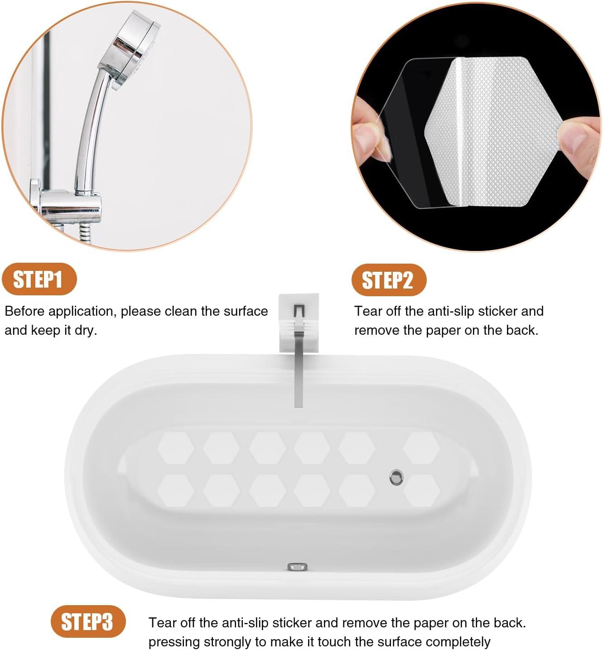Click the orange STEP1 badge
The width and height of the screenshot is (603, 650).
39,279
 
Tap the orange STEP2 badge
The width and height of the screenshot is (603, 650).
389,280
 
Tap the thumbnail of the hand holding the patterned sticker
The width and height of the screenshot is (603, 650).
476,127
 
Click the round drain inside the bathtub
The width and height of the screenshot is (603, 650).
396,477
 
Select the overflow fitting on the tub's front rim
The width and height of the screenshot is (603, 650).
297,566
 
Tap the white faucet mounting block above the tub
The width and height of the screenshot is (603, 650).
299,323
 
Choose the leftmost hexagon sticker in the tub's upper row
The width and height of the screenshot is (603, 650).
176,448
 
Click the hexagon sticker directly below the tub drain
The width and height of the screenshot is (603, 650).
421,490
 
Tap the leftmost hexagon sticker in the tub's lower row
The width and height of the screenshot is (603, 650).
176,490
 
